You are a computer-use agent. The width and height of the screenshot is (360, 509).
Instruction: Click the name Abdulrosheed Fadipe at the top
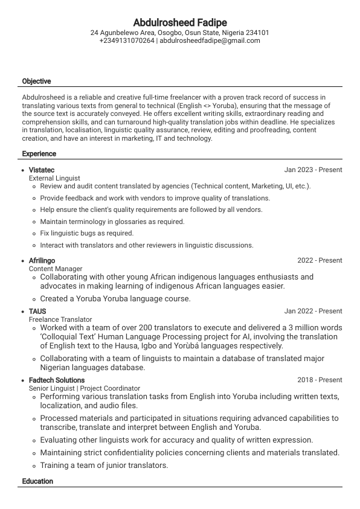click(179, 22)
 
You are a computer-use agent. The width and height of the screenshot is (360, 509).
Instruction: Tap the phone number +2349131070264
click(127, 41)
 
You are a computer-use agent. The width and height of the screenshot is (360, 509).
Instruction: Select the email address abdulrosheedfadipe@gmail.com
click(210, 41)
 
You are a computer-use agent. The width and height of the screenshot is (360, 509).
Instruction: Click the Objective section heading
click(36, 82)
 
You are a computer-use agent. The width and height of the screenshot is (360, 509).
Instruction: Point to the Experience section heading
click(39, 154)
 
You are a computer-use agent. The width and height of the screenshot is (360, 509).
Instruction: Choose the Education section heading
click(37, 481)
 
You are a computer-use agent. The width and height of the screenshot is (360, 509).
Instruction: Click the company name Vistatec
click(42, 170)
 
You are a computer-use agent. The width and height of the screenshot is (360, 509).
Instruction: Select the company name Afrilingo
click(42, 261)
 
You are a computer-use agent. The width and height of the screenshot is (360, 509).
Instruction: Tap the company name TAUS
click(37, 312)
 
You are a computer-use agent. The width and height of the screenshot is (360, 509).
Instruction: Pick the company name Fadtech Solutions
click(57, 380)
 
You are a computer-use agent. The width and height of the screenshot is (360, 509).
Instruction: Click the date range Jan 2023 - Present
click(313, 170)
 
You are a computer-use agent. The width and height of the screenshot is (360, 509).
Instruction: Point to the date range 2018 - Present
click(320, 380)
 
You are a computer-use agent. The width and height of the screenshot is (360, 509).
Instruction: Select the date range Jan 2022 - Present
click(313, 312)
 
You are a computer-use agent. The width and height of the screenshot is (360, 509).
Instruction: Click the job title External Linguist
click(54, 178)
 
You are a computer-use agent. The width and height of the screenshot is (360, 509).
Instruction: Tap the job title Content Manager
click(56, 269)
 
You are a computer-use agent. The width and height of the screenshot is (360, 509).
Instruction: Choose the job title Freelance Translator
click(60, 319)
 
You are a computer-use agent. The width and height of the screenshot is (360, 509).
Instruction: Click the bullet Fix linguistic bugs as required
click(86, 233)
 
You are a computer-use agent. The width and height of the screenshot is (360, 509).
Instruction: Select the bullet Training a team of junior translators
click(104, 466)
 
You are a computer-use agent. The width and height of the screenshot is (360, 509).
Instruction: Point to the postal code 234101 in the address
click(257, 33)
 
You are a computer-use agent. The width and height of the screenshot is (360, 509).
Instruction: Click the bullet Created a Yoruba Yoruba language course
click(115, 298)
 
